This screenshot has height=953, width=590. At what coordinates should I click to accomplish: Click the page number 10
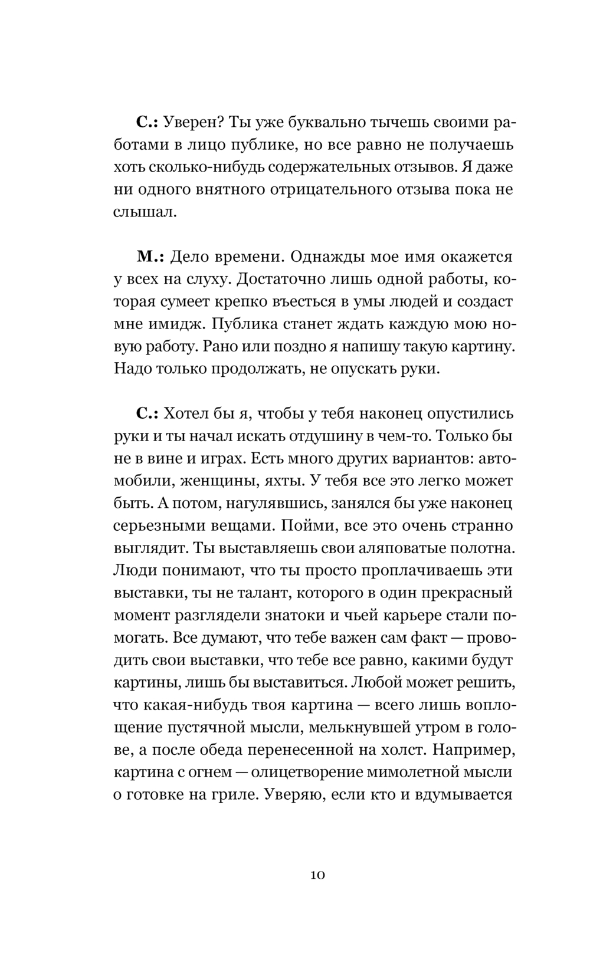(x=317, y=875)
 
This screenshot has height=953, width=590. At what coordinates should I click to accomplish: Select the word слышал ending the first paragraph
(x=143, y=212)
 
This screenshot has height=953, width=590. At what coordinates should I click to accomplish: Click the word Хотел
(x=185, y=414)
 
